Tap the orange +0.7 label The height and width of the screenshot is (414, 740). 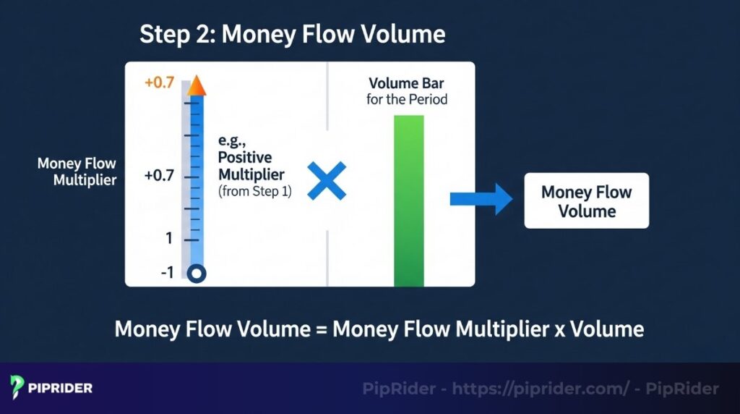[159, 83]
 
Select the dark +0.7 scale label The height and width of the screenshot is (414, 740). [159, 176]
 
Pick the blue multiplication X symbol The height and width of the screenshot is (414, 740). [327, 181]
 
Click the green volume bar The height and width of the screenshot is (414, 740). [408, 200]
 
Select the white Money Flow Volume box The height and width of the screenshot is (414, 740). [586, 201]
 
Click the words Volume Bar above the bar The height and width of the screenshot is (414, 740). [406, 84]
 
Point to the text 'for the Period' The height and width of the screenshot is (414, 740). [406, 99]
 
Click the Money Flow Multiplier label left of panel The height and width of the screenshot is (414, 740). [77, 172]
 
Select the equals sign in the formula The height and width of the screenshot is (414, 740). [321, 329]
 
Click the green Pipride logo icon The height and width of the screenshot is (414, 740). [18, 387]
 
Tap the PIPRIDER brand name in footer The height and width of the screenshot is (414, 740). [60, 388]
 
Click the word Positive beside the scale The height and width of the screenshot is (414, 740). [245, 159]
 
